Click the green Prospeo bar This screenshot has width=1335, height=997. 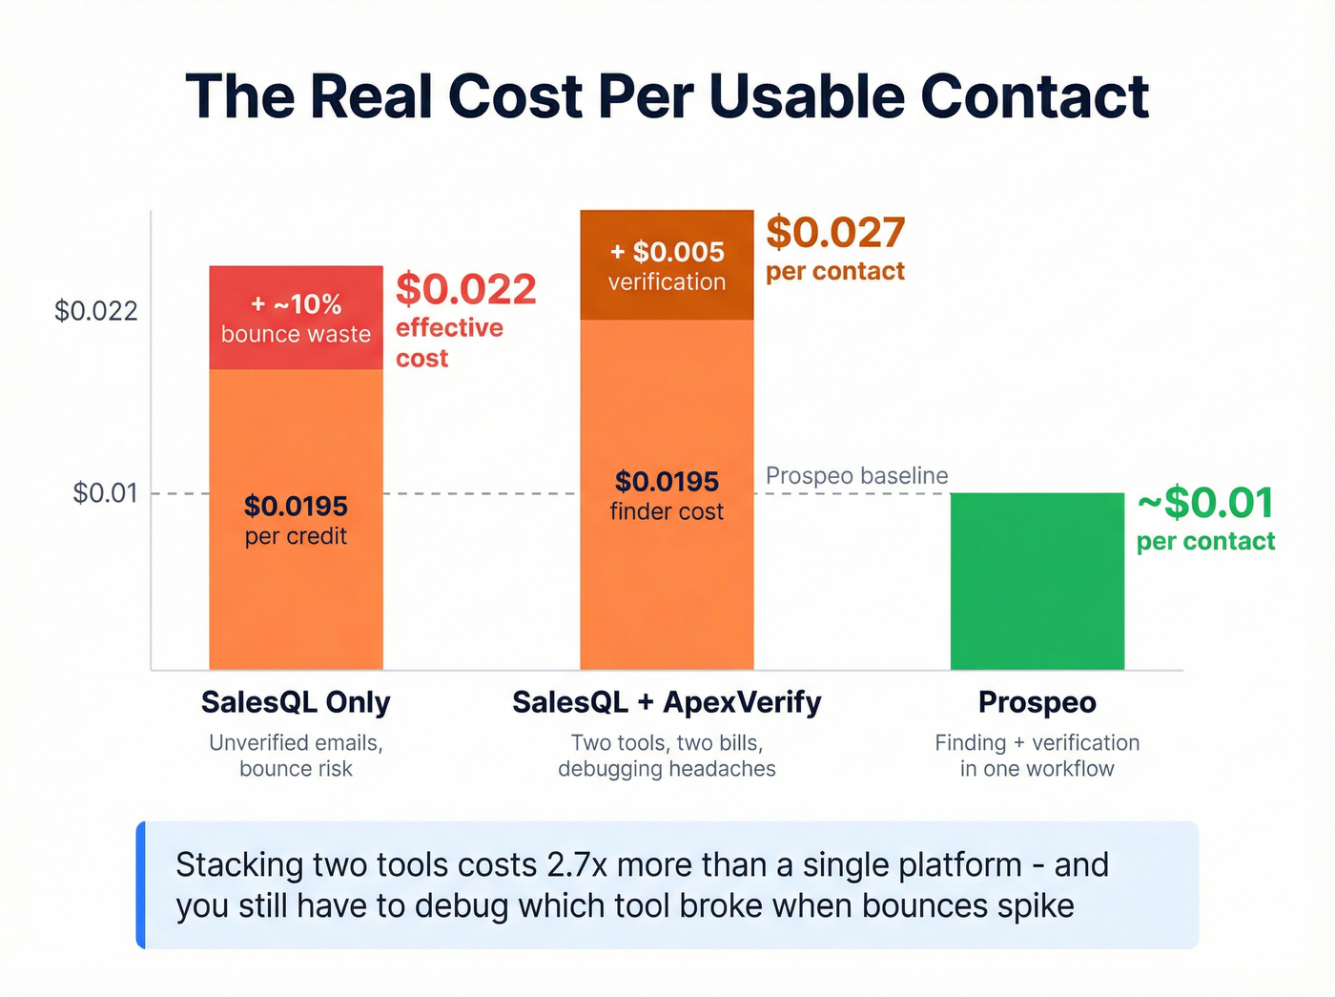[1037, 581]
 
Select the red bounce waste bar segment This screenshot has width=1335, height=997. [296, 318]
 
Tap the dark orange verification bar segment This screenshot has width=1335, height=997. [667, 265]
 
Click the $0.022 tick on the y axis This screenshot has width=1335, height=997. [95, 311]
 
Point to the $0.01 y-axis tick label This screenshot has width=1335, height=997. [105, 493]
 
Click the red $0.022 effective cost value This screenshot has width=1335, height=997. [466, 290]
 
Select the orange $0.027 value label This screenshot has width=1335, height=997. [835, 234]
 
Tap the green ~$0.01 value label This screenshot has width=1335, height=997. [1205, 504]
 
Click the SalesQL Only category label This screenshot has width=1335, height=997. [296, 702]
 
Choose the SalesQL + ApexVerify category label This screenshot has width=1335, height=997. [667, 702]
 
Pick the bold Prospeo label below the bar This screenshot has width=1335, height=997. [1037, 702]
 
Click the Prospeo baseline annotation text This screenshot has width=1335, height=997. [856, 475]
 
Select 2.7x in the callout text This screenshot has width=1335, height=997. [577, 865]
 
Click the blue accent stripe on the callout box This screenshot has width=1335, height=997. [141, 884]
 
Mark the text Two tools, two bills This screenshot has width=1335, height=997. [667, 742]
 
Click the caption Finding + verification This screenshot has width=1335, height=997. [1037, 742]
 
